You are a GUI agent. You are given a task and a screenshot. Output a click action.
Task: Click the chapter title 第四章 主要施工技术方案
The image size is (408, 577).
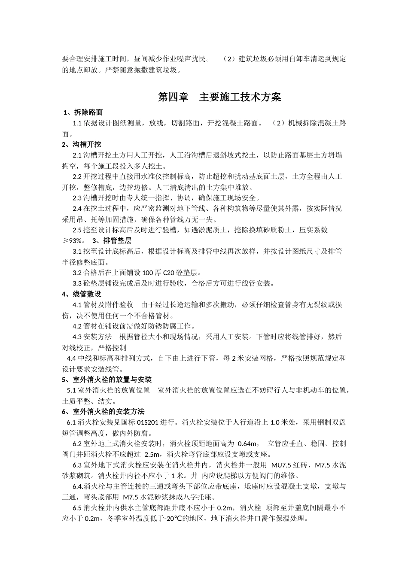(x=219, y=97)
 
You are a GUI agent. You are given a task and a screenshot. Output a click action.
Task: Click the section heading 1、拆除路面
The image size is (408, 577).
(x=83, y=112)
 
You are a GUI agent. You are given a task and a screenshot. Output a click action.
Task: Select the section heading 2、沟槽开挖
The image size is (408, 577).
(x=82, y=145)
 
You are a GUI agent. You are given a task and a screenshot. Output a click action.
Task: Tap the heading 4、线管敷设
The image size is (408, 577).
(x=82, y=294)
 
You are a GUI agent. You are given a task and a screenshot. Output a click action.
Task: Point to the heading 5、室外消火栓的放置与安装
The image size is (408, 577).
(x=107, y=380)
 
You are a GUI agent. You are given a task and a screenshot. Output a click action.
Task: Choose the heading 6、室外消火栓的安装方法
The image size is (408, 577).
(x=104, y=412)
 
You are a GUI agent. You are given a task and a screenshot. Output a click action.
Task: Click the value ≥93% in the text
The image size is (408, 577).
(x=73, y=241)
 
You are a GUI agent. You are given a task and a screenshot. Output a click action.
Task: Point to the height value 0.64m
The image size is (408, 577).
(x=247, y=443)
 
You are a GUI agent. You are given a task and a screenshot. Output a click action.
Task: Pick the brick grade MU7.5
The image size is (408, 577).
(x=281, y=465)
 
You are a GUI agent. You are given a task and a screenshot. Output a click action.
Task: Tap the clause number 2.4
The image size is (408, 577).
(x=77, y=209)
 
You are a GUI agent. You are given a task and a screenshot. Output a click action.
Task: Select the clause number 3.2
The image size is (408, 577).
(x=77, y=273)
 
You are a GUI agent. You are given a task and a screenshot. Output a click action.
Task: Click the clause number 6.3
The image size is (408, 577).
(x=77, y=465)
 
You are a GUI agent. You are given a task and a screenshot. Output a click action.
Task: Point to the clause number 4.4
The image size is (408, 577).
(x=72, y=358)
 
